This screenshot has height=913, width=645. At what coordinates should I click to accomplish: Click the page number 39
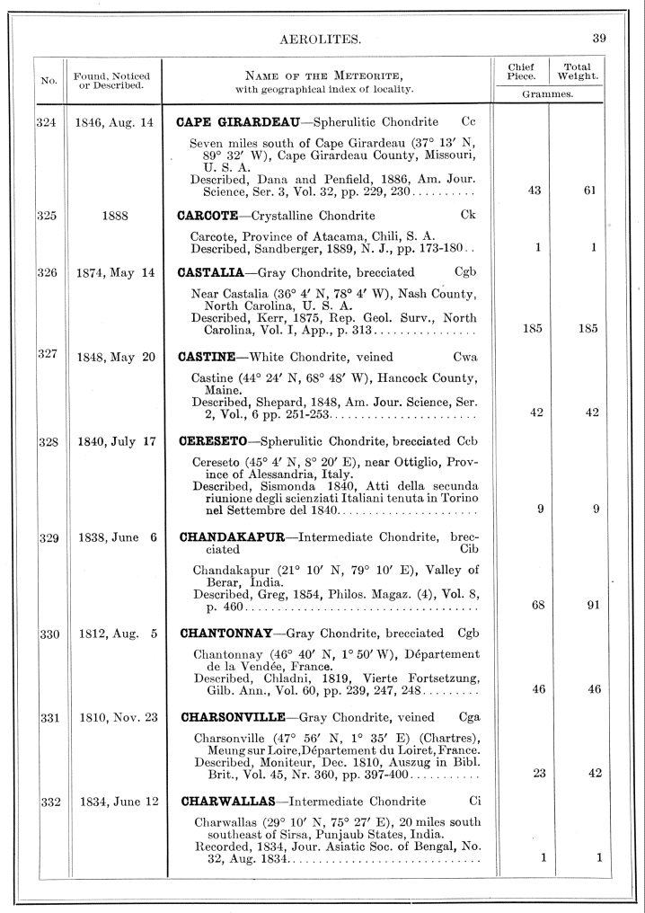tap(599, 38)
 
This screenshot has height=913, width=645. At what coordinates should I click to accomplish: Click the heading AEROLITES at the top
tap(322, 40)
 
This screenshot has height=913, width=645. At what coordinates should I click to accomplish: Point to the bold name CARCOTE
tap(208, 215)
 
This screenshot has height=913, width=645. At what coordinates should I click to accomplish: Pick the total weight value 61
tap(590, 191)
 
